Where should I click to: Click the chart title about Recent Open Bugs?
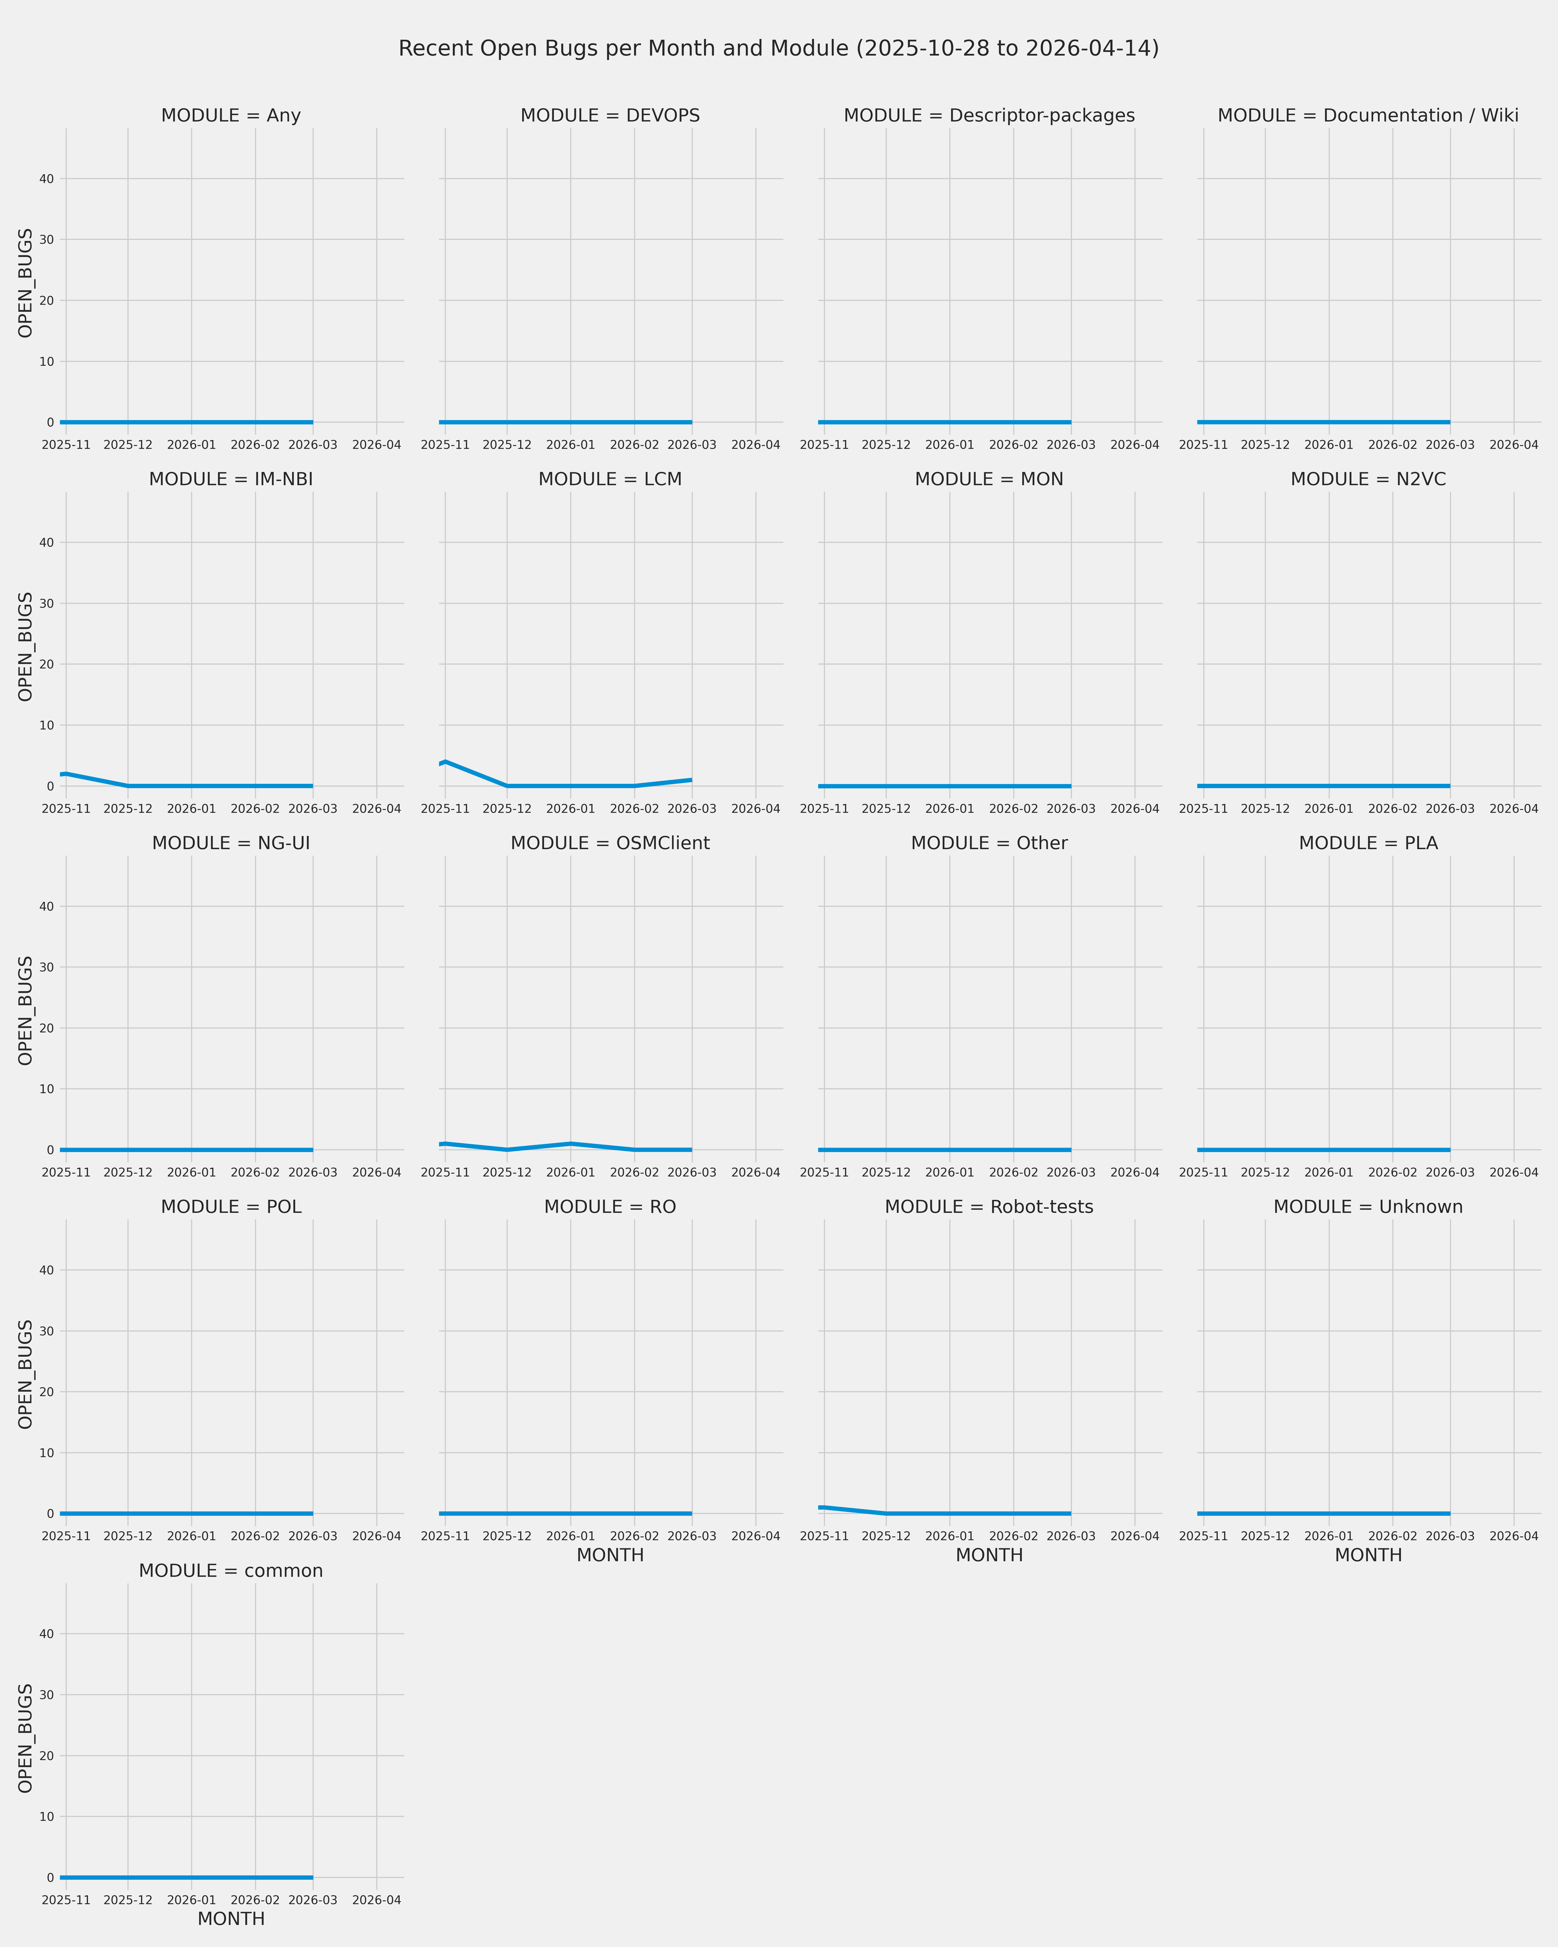[x=778, y=49]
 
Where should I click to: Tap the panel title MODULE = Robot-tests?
[x=989, y=1207]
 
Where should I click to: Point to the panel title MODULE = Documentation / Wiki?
[x=1367, y=116]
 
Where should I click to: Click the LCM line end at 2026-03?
[x=691, y=779]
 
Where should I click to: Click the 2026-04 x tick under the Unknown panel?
[x=1514, y=1536]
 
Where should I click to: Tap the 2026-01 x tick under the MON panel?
[x=949, y=809]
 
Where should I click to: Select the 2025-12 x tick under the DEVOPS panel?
[x=507, y=445]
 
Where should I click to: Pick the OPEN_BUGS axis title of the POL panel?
[x=25, y=1375]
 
